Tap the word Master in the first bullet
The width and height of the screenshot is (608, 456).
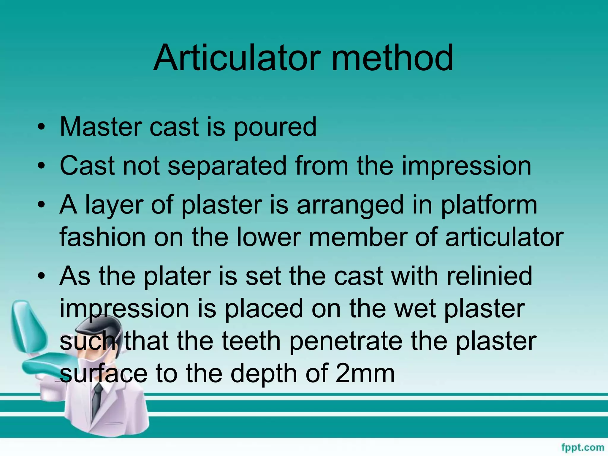(x=101, y=127)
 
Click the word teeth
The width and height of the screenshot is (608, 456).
(x=251, y=341)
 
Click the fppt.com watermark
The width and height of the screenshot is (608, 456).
(x=582, y=447)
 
